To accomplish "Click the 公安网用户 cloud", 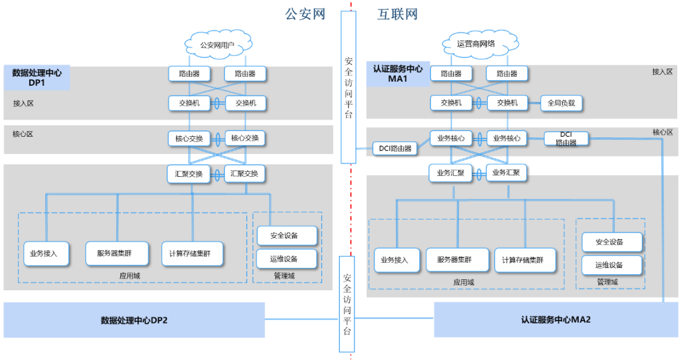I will [217, 45].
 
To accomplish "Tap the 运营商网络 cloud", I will [476, 44].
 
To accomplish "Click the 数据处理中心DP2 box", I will [134, 320].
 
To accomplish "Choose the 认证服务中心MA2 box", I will [555, 320].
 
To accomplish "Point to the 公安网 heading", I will [305, 14].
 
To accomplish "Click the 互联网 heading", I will [397, 14].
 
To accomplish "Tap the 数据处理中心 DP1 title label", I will [37, 77].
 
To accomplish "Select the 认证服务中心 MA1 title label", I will [398, 73].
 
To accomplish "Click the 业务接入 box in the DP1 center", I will [46, 254].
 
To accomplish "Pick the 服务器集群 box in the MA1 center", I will [457, 260].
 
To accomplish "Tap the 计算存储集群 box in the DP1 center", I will [192, 254].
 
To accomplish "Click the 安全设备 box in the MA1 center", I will [610, 242].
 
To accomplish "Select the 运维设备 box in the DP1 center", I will [285, 259].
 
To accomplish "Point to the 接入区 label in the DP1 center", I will [23, 104].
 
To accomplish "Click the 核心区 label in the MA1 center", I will [662, 132].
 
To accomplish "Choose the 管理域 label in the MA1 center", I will [607, 282].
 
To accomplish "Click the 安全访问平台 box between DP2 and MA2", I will [348, 303].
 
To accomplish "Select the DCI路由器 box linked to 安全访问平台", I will [395, 149].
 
